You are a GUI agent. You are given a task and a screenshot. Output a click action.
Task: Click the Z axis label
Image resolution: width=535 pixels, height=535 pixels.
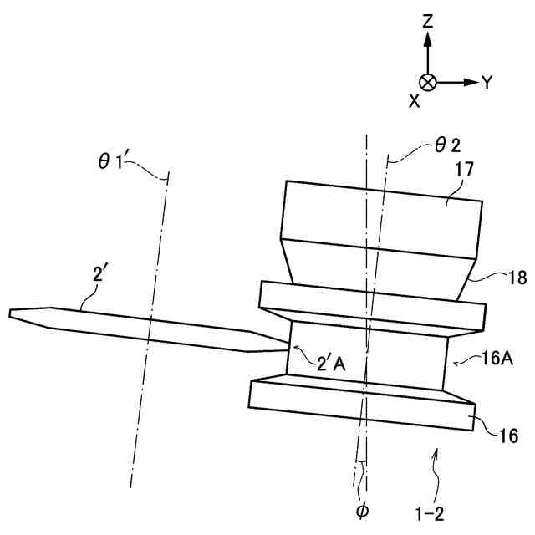[x=427, y=23]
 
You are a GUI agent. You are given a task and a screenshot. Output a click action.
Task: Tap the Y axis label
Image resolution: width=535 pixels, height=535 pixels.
[x=487, y=82]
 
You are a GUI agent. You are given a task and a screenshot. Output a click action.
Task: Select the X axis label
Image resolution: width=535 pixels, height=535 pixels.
[x=414, y=100]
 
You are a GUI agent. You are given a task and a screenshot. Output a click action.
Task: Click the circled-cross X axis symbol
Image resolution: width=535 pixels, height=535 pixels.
[x=427, y=82]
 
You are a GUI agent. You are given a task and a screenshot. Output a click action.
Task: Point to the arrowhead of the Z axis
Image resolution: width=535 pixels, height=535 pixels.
[x=427, y=38]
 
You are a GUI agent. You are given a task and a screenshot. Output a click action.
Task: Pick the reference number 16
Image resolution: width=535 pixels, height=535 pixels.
[x=507, y=435]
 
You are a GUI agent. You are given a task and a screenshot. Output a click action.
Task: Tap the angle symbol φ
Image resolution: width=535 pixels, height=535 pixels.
[x=361, y=508]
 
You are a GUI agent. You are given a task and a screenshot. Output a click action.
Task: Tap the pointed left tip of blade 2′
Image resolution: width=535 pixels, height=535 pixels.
[x=12, y=313]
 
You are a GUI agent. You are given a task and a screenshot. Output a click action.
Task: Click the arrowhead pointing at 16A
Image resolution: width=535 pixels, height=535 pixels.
[x=456, y=362]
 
